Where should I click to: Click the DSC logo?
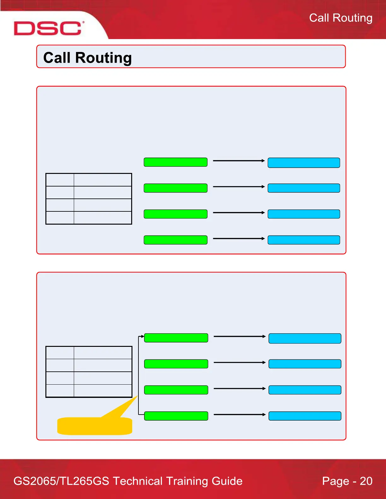tap(48, 28)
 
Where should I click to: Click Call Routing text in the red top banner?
tap(341, 18)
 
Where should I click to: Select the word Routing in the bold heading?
tap(103, 58)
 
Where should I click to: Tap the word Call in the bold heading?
tap(57, 58)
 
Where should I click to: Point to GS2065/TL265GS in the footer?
tap(61, 481)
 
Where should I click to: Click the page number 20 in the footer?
tap(366, 481)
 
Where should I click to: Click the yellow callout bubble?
tap(95, 426)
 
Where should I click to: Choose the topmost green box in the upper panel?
tap(175, 162)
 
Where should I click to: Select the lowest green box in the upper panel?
tap(175, 240)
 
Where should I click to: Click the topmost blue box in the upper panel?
tap(304, 163)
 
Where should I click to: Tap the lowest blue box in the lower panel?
tap(305, 416)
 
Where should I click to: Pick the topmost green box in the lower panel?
tap(176, 338)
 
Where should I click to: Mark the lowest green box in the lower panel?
tap(176, 416)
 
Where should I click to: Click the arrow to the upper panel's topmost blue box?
tap(239, 161)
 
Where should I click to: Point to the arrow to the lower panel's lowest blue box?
tap(240, 415)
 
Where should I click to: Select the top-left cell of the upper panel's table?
tap(60, 180)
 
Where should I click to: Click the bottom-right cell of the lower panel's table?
tap(103, 391)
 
